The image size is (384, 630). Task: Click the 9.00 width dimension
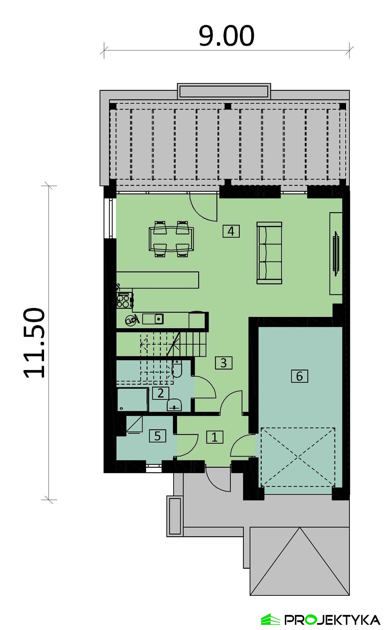click(227, 36)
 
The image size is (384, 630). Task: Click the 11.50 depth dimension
click(34, 343)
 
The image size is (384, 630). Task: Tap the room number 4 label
click(231, 231)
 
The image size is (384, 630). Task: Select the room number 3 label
click(224, 363)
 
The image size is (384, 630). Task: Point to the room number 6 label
click(300, 376)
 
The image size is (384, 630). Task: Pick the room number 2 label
click(161, 393)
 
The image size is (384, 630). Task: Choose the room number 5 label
click(157, 436)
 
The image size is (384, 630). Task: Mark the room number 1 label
click(215, 437)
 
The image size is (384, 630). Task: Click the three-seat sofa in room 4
click(269, 253)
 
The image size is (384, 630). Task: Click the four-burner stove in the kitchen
click(124, 300)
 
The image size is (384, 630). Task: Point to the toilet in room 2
click(177, 369)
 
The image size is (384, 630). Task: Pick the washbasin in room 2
click(174, 405)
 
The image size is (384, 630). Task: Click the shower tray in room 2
click(133, 399)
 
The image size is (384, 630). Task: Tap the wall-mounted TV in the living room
click(336, 253)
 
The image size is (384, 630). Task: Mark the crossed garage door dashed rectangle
click(298, 457)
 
